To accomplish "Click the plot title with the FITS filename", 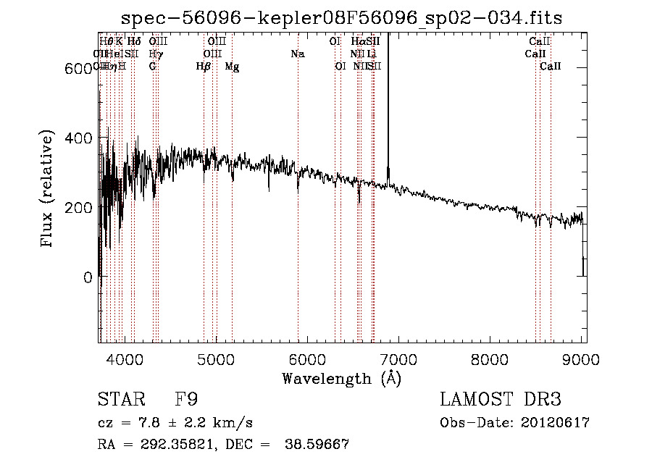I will point(343,17).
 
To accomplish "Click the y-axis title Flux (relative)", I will point(49,190).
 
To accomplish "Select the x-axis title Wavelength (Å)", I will point(342,379).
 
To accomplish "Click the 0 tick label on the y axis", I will point(88,277).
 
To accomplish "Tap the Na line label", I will point(297,54).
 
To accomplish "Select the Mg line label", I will point(233,67).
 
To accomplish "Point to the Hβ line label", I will point(204,67).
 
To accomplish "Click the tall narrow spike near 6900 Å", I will point(388,101).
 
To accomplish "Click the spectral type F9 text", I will point(187,400).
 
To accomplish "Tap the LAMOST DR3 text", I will point(500,400).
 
